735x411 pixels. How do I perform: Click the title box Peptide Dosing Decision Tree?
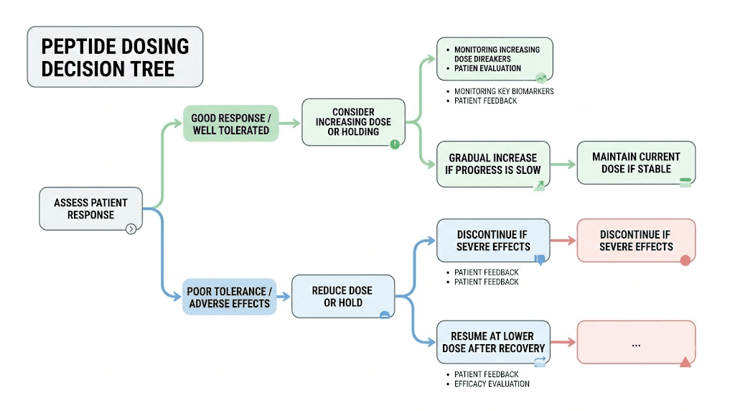[115, 57]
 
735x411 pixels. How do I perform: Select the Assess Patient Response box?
[90, 209]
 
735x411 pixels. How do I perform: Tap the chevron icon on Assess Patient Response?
[131, 229]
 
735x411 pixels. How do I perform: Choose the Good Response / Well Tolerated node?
[230, 124]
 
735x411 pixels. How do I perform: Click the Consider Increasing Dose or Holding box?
[353, 122]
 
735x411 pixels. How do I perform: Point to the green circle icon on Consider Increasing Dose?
[395, 144]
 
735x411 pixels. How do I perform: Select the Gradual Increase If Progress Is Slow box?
[492, 164]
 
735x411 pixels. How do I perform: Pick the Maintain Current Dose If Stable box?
[636, 163]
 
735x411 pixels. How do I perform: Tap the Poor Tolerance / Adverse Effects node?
[230, 297]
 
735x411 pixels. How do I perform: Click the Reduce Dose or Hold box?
[342, 296]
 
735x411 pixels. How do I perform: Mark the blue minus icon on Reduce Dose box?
[385, 314]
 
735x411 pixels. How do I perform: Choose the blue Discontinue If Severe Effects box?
[493, 241]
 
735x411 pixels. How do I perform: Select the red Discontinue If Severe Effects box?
[636, 241]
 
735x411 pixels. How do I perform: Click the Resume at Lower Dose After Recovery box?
[493, 342]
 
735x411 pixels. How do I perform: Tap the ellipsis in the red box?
[636, 344]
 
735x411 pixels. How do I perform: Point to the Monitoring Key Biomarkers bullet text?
[504, 91]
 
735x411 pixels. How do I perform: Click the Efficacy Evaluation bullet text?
[492, 384]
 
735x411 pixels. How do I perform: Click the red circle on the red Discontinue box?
[685, 260]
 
